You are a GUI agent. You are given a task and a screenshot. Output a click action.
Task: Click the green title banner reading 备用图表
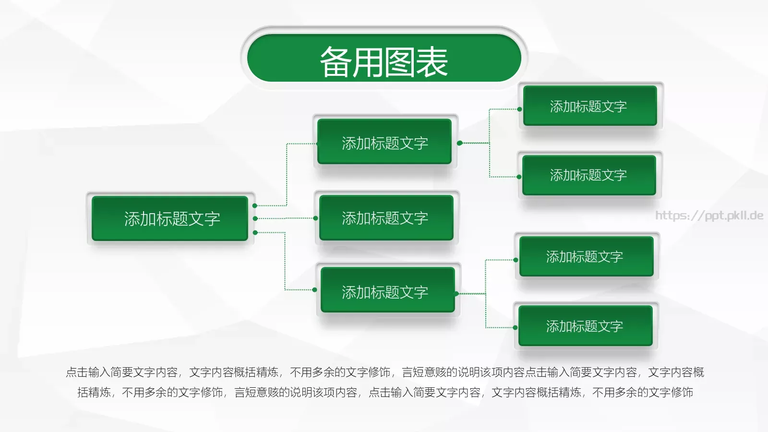(384, 59)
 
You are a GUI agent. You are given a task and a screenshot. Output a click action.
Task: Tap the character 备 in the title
(336, 62)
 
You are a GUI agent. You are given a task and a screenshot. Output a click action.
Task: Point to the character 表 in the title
(432, 62)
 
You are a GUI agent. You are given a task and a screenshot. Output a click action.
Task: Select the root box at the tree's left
(170, 218)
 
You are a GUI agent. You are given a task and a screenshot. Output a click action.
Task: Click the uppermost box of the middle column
(384, 142)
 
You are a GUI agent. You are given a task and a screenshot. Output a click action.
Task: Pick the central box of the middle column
(386, 218)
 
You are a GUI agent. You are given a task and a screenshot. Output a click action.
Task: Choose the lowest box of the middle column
(387, 291)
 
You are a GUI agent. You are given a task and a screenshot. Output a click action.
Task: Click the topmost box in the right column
(590, 106)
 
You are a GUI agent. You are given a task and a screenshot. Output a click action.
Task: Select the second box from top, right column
(589, 175)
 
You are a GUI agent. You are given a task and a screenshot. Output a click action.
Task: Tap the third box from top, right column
(586, 257)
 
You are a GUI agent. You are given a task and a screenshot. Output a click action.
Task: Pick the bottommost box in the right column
(585, 326)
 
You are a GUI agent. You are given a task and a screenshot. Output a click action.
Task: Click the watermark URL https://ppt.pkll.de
(709, 216)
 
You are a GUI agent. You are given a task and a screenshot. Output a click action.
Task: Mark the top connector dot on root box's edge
(255, 206)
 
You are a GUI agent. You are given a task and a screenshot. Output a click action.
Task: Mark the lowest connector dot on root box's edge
(255, 233)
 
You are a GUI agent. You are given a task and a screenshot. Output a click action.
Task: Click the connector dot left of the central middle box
(315, 218)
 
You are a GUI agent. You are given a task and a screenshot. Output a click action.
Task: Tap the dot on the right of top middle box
(459, 143)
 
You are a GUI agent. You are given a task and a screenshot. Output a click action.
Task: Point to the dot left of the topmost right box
(519, 109)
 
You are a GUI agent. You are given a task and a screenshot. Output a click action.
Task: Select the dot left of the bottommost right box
(515, 328)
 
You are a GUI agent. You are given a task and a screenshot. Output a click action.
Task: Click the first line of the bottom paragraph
(384, 372)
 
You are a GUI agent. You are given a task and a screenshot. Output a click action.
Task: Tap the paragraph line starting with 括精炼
(384, 392)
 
